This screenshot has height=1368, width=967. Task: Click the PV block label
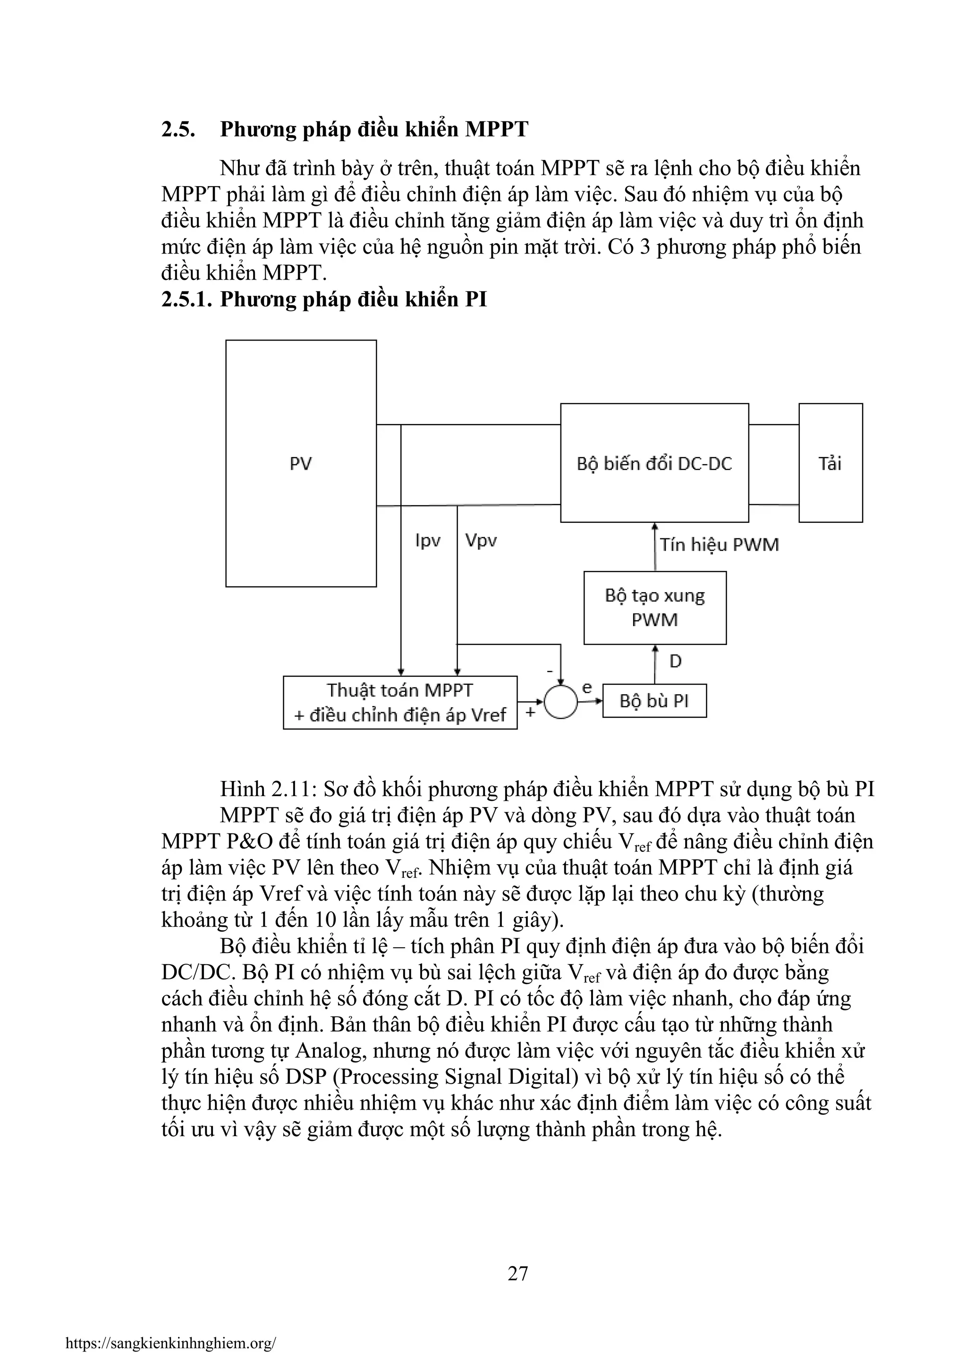coord(301,464)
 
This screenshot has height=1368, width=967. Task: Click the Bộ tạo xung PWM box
coord(654,607)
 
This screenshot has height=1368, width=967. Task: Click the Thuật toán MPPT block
coord(400,703)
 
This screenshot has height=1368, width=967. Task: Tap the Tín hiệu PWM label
coord(719,544)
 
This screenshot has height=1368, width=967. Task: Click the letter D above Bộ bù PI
coord(675,662)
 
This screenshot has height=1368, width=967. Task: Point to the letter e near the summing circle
coord(587,688)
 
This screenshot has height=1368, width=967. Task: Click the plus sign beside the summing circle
coord(530,710)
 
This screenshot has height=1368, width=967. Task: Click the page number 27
coord(518,1273)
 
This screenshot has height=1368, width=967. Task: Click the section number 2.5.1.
coord(187,299)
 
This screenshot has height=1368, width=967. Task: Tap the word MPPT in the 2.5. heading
coord(496,129)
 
